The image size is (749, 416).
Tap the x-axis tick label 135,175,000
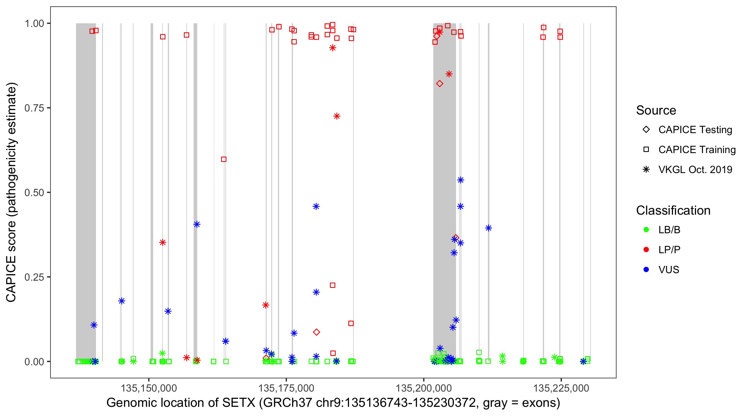click(286, 388)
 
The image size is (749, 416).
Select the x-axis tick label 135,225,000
click(561, 388)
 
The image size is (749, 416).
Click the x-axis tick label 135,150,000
click(149, 388)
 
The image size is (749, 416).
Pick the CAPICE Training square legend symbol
click(646, 150)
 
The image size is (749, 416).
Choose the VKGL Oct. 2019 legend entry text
click(695, 170)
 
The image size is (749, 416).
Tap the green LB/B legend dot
click(646, 230)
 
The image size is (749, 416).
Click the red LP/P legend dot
click(646, 250)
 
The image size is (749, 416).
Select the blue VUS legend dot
click(646, 270)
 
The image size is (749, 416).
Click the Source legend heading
click(656, 110)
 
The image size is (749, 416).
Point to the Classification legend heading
click(673, 210)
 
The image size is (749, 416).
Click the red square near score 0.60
click(224, 159)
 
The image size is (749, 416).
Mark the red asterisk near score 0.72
click(337, 116)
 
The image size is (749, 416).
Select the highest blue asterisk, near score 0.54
click(460, 180)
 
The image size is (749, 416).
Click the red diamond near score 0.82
click(440, 84)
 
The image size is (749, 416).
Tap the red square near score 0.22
click(333, 285)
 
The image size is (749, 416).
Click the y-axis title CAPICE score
click(11, 265)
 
